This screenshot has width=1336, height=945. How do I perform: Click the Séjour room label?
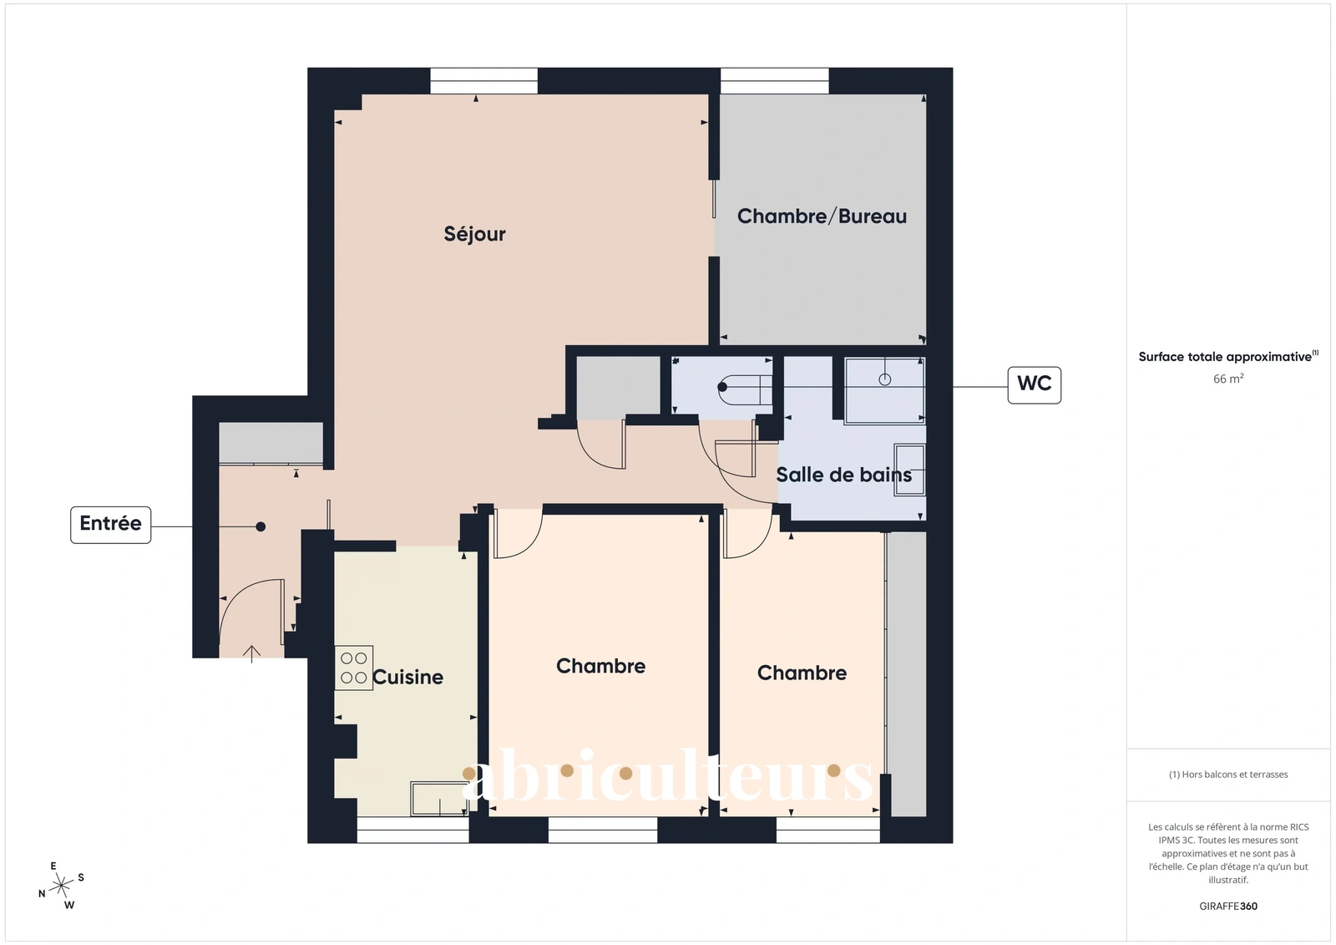click(x=474, y=234)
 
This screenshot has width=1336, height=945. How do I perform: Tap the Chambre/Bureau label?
click(x=822, y=216)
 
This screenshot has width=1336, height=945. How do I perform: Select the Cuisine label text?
click(x=408, y=677)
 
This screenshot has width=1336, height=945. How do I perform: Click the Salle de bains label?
click(x=844, y=475)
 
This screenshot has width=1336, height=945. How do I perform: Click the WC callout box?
click(x=1035, y=385)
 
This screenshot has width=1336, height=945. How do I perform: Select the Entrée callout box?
click(x=111, y=525)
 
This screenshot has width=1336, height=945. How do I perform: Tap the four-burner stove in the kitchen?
click(x=354, y=668)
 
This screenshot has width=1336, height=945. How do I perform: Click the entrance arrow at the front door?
click(x=251, y=654)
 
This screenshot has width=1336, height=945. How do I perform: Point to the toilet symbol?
click(x=745, y=387)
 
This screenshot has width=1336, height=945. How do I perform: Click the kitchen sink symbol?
click(x=439, y=799)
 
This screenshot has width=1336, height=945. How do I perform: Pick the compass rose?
click(x=62, y=886)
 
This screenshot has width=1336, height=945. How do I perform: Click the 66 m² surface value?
click(x=1228, y=379)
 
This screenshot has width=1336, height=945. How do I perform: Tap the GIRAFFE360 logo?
click(x=1228, y=906)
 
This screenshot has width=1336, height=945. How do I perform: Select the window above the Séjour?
click(x=483, y=81)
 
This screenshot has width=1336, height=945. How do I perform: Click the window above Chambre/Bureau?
click(x=775, y=81)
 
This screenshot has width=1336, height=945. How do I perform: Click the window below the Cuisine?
click(x=413, y=830)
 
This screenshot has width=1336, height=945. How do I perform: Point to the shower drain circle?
click(x=884, y=379)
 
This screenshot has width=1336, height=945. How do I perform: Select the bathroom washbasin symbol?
click(x=909, y=470)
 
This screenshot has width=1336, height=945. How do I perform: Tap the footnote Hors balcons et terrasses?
click(x=1228, y=775)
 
